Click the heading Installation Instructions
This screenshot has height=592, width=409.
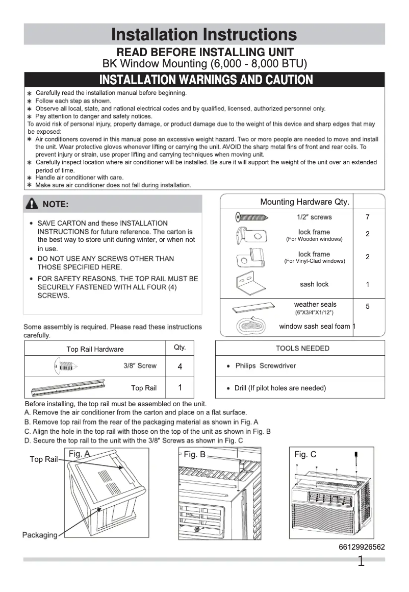pyautogui.click(x=204, y=34)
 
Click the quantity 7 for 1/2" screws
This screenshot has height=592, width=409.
pyautogui.click(x=368, y=217)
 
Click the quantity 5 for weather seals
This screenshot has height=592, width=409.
pyautogui.click(x=368, y=306)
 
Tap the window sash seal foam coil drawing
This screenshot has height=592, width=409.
pyautogui.click(x=252, y=326)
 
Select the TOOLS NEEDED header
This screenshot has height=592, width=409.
pyautogui.click(x=302, y=349)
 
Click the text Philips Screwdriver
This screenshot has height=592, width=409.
pyautogui.click(x=265, y=366)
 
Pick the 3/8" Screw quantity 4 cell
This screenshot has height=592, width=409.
pyautogui.click(x=180, y=367)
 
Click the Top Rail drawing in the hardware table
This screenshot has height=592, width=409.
pyautogui.click(x=68, y=387)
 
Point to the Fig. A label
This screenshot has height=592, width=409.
pyautogui.click(x=79, y=454)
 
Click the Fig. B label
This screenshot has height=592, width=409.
pyautogui.click(x=194, y=454)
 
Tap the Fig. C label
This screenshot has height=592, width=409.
pyautogui.click(x=305, y=454)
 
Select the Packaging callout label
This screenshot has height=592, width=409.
pyautogui.click(x=39, y=535)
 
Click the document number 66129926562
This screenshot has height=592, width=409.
pyautogui.click(x=362, y=547)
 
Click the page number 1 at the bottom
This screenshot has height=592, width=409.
pyautogui.click(x=361, y=562)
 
